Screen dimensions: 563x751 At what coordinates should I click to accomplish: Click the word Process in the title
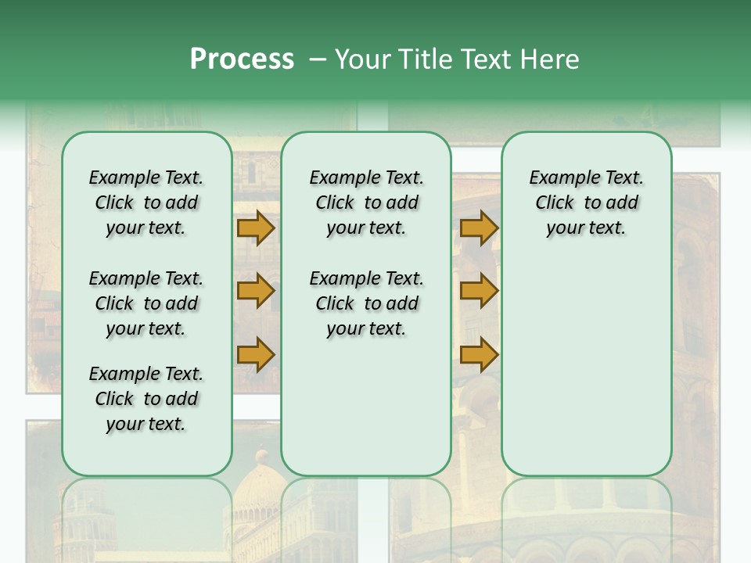pos(242,59)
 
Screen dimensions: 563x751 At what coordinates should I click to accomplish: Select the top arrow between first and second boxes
pos(256,228)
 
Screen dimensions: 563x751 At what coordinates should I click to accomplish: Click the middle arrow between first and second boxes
pos(256,291)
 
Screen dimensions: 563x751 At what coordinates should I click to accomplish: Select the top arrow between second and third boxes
pos(479,228)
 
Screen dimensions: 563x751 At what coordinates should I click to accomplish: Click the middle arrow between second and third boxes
pos(479,291)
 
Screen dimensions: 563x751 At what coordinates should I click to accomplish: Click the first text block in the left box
pos(146,203)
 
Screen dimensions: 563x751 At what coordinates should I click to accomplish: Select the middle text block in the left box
pos(146,303)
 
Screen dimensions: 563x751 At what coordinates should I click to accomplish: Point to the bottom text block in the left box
pos(146,399)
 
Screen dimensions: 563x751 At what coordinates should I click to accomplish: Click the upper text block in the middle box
pos(366,203)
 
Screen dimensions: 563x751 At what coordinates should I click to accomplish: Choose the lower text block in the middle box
pos(366,303)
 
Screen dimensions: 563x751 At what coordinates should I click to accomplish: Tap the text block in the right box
pos(586,203)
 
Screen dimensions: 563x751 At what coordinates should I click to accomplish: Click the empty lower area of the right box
pos(586,368)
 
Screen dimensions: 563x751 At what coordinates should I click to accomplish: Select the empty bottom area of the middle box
pos(366,414)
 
